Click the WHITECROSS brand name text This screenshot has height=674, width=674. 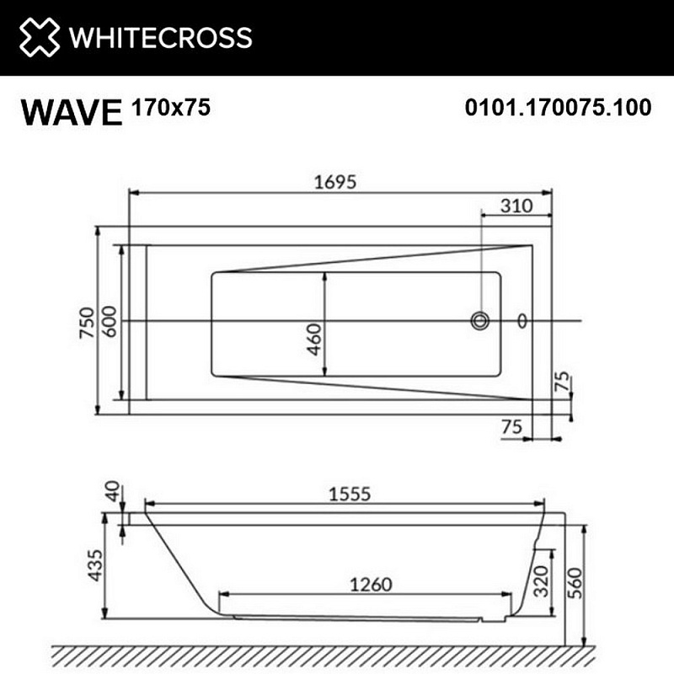pyautogui.click(x=160, y=38)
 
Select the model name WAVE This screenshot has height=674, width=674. pyautogui.click(x=71, y=112)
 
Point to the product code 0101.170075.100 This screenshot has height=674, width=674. pyautogui.click(x=558, y=108)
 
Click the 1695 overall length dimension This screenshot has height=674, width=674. pyautogui.click(x=335, y=182)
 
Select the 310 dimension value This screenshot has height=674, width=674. pyautogui.click(x=516, y=206)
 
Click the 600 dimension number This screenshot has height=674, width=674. pyautogui.click(x=109, y=321)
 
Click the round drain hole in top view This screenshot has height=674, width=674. pyautogui.click(x=480, y=320)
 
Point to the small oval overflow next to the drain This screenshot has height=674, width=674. pyautogui.click(x=522, y=320)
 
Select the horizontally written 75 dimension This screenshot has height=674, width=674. pyautogui.click(x=511, y=427)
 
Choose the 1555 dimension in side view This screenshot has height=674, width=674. pyautogui.click(x=347, y=495)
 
